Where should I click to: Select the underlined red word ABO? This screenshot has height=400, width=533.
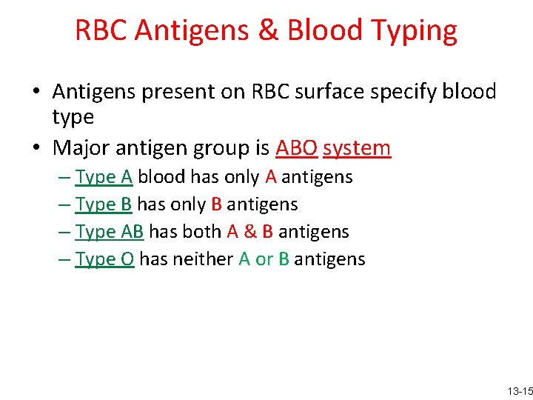point(296,148)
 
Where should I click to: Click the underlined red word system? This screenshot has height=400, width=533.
point(357,148)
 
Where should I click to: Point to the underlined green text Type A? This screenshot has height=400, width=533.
point(104,177)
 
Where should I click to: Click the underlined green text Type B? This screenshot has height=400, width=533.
point(104,204)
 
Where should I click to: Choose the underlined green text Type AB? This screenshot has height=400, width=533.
point(110,232)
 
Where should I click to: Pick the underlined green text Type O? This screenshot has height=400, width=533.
point(104,259)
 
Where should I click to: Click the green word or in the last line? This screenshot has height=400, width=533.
point(264,259)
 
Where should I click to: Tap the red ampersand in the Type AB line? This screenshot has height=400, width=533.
point(249,232)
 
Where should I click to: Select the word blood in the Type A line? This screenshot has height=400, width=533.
point(161,177)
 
